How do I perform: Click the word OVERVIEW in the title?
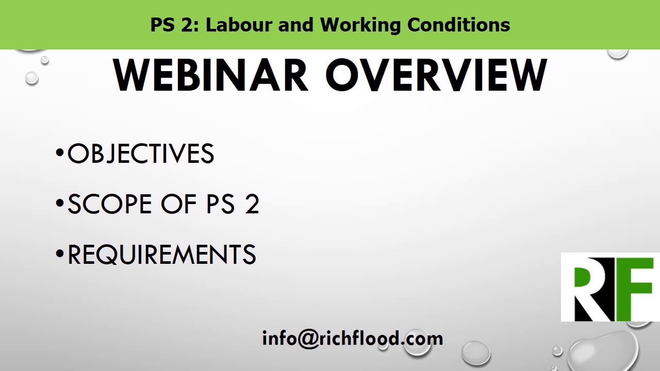tap(436, 76)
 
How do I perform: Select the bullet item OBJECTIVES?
tap(141, 154)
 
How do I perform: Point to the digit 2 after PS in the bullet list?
tap(252, 205)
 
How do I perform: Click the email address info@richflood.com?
tap(352, 339)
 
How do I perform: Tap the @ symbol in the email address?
tap(308, 339)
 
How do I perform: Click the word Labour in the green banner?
tap(239, 25)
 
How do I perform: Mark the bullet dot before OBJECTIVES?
tap(60, 153)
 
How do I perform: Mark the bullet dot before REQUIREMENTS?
tap(60, 254)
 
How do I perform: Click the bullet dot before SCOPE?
tap(60, 203)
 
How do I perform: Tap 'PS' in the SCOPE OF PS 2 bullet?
tap(220, 205)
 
